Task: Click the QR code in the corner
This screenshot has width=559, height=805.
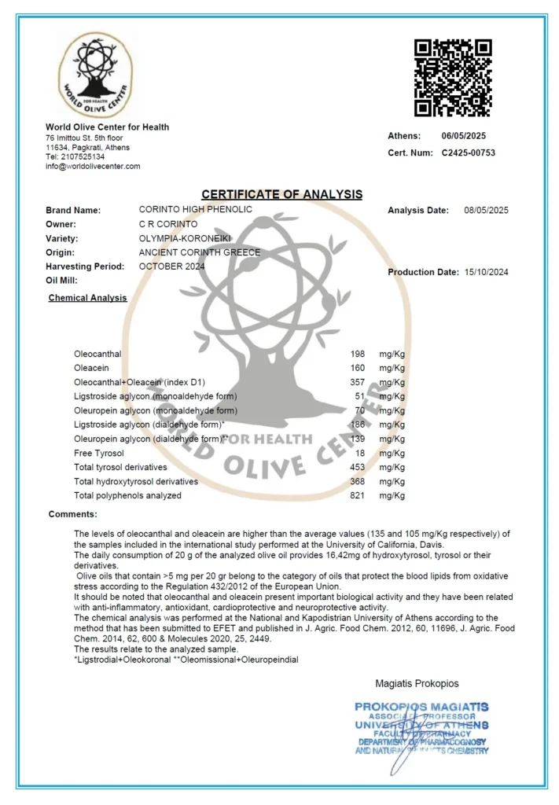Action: [x=453, y=77]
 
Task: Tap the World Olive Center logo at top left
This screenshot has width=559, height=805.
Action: [x=95, y=75]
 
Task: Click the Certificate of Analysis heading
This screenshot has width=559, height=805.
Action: [x=281, y=194]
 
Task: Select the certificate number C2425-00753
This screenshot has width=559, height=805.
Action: [x=469, y=153]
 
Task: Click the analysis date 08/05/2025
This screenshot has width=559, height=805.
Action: [x=487, y=210]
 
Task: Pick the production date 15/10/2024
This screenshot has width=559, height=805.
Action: [x=487, y=272]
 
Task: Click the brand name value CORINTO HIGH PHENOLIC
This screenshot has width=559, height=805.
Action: [x=196, y=210]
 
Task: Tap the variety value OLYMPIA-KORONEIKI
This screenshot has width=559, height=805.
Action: [x=186, y=238]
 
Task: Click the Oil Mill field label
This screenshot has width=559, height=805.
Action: [x=64, y=281]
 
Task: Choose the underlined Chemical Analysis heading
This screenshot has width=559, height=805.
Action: [x=87, y=298]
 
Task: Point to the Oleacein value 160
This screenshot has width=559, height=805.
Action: [x=358, y=368]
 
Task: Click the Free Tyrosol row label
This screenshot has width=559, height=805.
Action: [x=99, y=453]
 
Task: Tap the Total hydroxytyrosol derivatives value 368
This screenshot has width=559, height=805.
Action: [x=358, y=481]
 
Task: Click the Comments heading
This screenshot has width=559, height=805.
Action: [x=73, y=514]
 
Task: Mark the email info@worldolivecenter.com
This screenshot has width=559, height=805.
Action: [x=93, y=166]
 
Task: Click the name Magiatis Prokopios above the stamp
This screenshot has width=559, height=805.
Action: [x=417, y=683]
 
